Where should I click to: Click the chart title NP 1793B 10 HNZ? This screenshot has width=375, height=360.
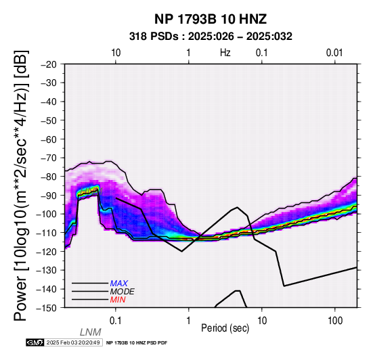(211, 19)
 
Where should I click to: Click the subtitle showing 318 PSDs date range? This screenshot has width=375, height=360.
(211, 37)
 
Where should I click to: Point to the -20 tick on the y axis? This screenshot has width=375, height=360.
(49, 64)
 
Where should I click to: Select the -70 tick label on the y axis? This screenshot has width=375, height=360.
(49, 158)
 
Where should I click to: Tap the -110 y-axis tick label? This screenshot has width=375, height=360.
(47, 233)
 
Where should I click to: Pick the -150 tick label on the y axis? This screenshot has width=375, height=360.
(47, 308)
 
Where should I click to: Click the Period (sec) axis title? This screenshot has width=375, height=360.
(225, 328)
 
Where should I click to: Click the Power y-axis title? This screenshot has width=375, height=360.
(21, 185)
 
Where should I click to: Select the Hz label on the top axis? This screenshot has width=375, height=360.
(225, 53)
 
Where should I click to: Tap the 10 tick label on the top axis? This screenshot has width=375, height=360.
(116, 53)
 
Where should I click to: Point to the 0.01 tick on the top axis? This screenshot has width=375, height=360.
(334, 53)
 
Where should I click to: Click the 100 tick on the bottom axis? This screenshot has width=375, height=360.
(335, 321)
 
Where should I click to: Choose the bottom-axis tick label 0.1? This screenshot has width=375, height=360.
(116, 321)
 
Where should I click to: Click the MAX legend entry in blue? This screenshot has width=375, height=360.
(119, 284)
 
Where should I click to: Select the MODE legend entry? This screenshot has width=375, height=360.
(123, 292)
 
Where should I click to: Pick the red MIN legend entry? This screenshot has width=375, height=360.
(118, 300)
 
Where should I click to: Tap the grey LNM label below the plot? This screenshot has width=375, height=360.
(91, 332)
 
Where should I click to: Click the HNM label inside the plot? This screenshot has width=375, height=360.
(91, 191)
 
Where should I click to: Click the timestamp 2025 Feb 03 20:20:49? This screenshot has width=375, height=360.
(73, 342)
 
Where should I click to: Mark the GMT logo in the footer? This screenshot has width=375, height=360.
(35, 342)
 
